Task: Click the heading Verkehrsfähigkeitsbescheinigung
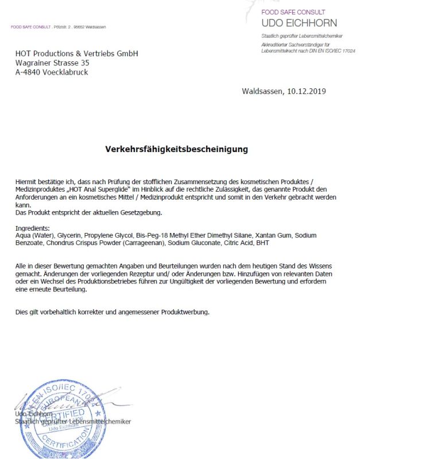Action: pyautogui.click(x=176, y=149)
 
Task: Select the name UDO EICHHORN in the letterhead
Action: pyautogui.click(x=299, y=23)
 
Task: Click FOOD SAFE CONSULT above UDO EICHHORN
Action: pyautogui.click(x=293, y=12)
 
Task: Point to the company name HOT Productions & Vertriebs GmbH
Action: pyautogui.click(x=76, y=53)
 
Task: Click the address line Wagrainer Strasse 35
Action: pyautogui.click(x=52, y=63)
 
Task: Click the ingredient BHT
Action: pyautogui.click(x=262, y=243)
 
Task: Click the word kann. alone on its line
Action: pyautogui.click(x=22, y=204)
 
